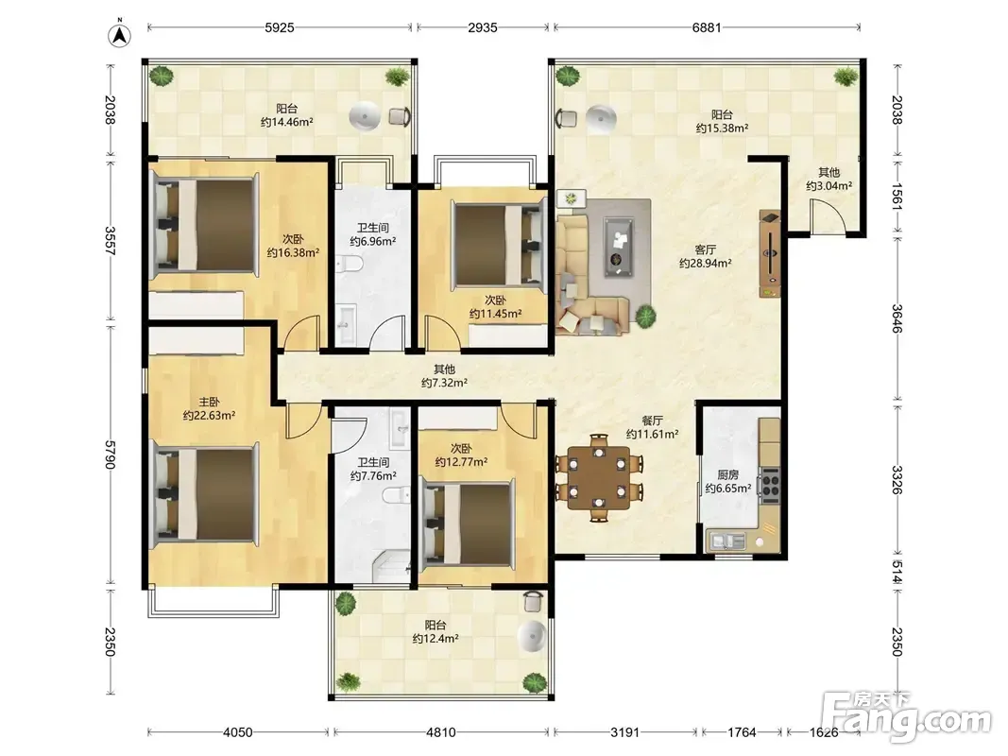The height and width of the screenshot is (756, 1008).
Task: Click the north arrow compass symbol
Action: [x=119, y=35]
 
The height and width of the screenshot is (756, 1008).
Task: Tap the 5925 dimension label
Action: [x=280, y=27]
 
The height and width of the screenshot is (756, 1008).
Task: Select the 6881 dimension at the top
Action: [x=707, y=27]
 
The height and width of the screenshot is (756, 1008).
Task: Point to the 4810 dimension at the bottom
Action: [x=440, y=732]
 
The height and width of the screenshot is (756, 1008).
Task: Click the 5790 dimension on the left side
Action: [x=110, y=455]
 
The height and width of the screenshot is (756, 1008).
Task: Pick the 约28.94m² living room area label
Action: [x=705, y=264]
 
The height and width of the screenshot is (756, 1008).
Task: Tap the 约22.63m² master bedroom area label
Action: [x=209, y=416]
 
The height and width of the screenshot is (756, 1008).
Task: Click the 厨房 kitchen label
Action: [x=727, y=475]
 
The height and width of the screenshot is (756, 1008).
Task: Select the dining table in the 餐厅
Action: [x=599, y=478]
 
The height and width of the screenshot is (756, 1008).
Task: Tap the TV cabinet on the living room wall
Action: [x=770, y=253]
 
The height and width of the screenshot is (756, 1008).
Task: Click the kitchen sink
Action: [x=727, y=541]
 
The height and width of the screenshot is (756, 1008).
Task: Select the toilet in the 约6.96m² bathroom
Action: [x=351, y=264]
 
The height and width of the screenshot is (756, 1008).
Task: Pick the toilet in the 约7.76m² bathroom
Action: [x=396, y=495]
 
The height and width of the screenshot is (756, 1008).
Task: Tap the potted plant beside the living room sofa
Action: [x=645, y=316]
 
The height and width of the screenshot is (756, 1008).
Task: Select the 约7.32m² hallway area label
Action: [x=444, y=383]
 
